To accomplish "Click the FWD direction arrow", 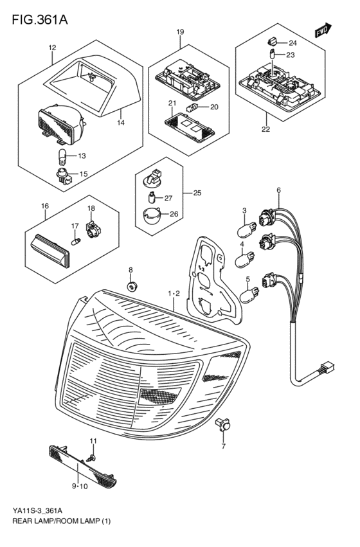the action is click(323, 30).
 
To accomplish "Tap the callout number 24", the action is click(292, 43).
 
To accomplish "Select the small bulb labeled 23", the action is click(272, 55).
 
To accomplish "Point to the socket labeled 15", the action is click(64, 175).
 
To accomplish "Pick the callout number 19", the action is click(179, 32).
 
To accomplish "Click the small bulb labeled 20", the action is click(192, 107).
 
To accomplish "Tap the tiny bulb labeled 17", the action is click(76, 240).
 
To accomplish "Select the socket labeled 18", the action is click(93, 229).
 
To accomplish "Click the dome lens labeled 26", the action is click(152, 216).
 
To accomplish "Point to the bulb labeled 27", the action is click(152, 198).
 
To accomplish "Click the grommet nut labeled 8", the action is click(132, 287).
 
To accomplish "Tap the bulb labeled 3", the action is click(246, 229).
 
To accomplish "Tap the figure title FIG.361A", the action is click(40, 20).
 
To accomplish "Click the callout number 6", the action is click(279, 190).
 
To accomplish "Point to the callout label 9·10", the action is click(80, 487).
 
